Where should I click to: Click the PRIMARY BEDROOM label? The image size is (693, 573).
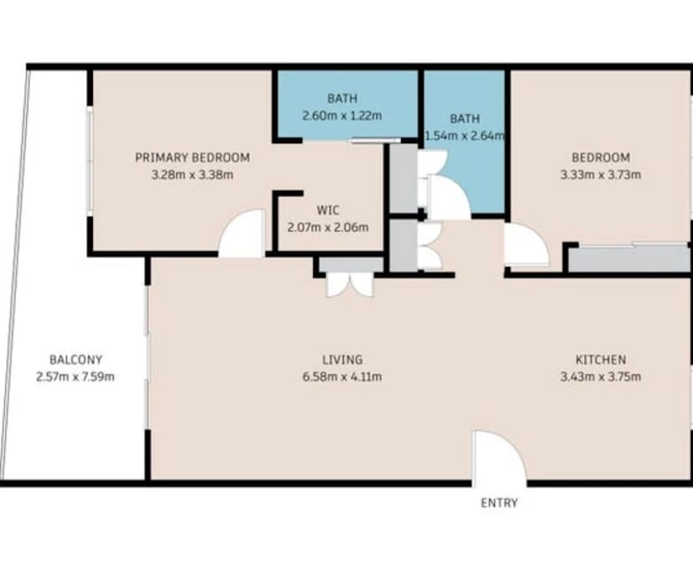(192, 157)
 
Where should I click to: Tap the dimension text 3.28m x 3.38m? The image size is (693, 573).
(192, 175)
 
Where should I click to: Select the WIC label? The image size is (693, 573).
(327, 209)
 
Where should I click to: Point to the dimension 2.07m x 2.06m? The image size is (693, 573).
(327, 227)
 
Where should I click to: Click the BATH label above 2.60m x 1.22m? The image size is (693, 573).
(341, 99)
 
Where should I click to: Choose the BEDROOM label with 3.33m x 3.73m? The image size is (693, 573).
(600, 157)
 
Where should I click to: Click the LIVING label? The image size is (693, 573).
(343, 359)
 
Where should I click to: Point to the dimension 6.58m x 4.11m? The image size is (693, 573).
(343, 377)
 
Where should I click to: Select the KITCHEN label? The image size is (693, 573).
(600, 359)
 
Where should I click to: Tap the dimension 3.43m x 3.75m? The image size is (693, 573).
(600, 377)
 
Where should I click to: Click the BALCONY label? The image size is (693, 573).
(75, 359)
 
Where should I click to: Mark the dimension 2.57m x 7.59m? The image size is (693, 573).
(75, 377)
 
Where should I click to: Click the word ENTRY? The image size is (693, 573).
(499, 503)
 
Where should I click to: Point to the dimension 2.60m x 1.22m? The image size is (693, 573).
(341, 116)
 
